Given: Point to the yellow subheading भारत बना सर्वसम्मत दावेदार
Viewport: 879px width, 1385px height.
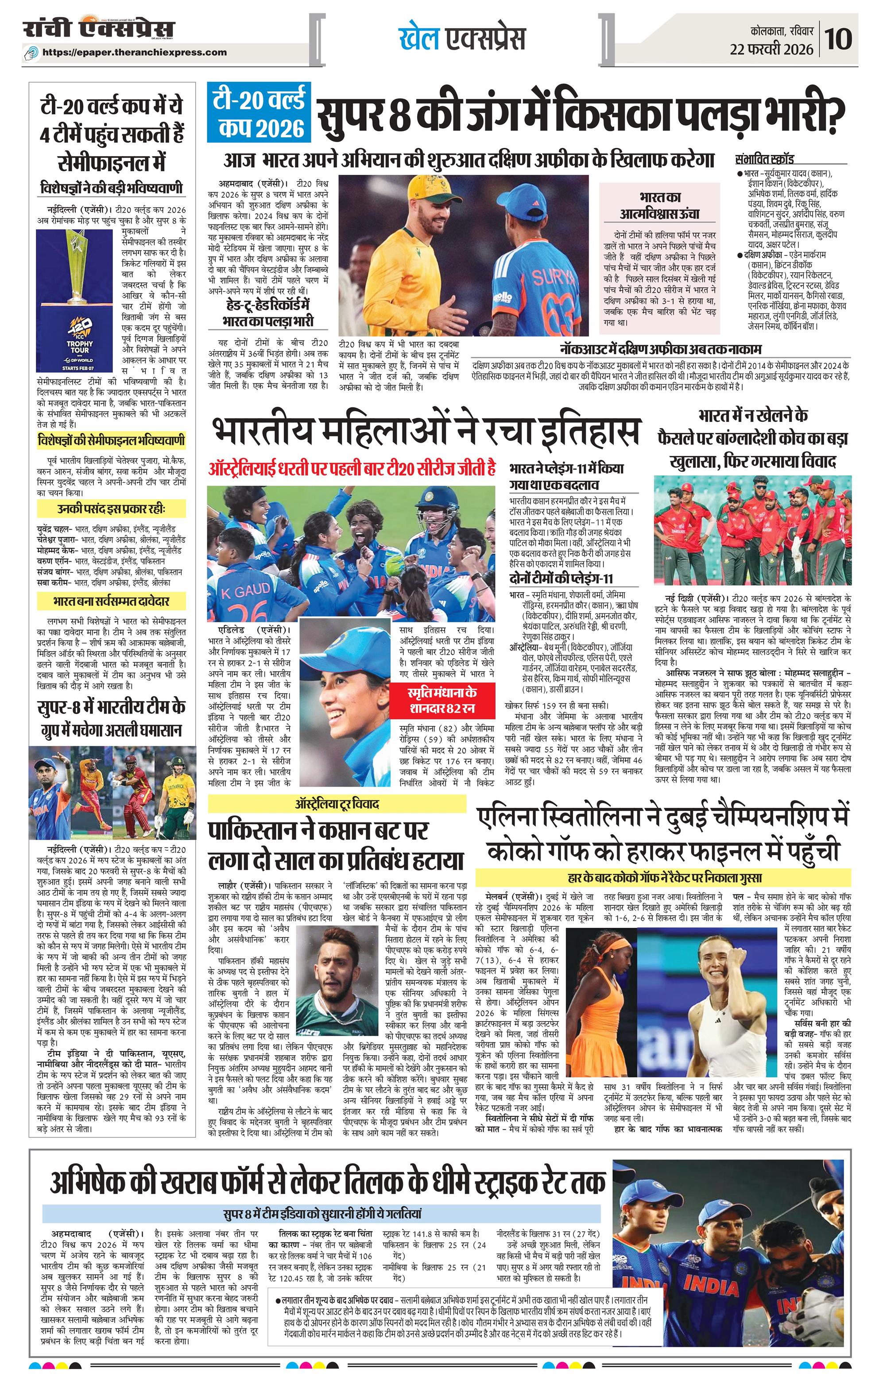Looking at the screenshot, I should pyautogui.click(x=111, y=601).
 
